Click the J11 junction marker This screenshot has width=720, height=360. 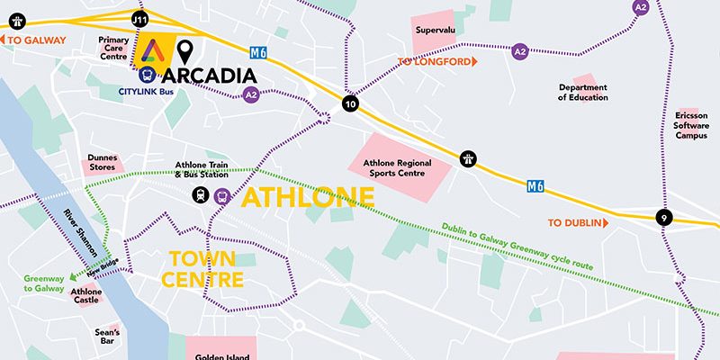pyautogui.click(x=139, y=18)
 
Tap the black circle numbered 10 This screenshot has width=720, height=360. pyautogui.click(x=350, y=104)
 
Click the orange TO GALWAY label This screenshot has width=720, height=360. pyautogui.click(x=36, y=39)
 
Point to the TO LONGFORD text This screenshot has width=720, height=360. pyautogui.click(x=435, y=61)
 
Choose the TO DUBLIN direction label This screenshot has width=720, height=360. pyautogui.click(x=579, y=222)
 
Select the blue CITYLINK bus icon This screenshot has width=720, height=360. pyautogui.click(x=145, y=76)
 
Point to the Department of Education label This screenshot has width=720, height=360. pyautogui.click(x=582, y=92)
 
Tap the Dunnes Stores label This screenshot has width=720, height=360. pyautogui.click(x=103, y=163)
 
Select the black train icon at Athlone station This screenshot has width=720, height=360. pyautogui.click(x=196, y=196)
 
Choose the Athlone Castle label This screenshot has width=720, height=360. pyautogui.click(x=86, y=296)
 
